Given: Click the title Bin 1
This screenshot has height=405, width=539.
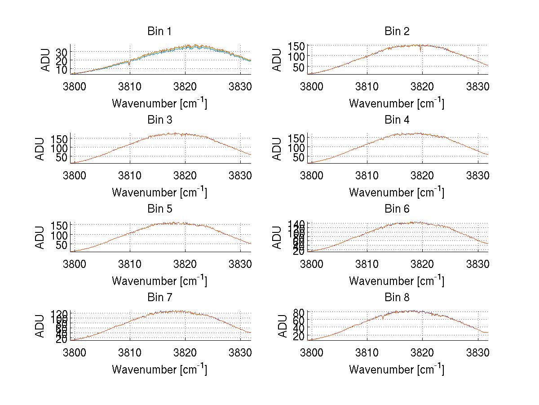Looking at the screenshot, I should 159,31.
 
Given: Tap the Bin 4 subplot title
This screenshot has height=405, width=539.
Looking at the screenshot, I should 397,120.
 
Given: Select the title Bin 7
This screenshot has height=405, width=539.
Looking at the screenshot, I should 159,298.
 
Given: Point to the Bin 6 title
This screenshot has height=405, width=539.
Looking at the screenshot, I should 397,209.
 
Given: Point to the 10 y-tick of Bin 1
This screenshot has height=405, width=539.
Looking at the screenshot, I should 61,69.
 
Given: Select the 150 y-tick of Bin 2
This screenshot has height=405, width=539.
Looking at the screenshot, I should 300,46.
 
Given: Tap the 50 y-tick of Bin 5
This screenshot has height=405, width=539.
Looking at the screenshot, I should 62,245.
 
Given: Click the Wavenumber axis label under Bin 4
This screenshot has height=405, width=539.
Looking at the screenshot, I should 397,192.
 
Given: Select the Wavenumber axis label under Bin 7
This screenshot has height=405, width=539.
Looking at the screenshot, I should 159,369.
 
